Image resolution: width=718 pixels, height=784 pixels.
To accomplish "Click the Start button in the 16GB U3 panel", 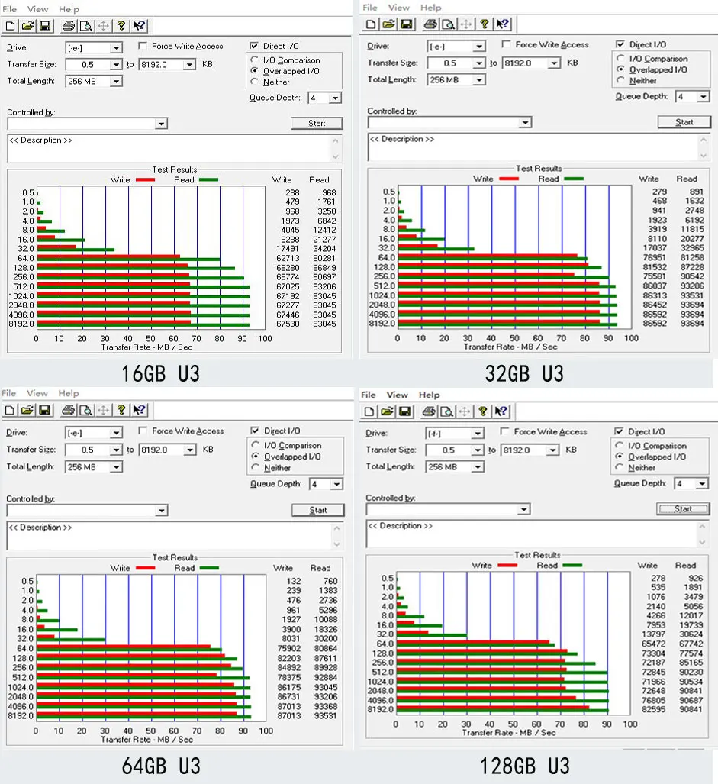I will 317,123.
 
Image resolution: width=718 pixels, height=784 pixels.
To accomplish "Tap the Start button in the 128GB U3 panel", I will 683,509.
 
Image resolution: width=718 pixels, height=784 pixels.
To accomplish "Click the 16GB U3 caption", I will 161,373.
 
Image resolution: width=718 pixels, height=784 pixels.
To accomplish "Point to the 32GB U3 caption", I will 524,373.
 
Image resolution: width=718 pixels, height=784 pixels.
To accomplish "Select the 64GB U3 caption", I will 161,765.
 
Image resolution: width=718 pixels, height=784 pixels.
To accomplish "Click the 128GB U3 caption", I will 524,765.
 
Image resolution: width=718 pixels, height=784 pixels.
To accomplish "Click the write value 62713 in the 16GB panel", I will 287,258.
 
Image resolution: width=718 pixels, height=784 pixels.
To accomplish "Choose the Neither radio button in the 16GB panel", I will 255,82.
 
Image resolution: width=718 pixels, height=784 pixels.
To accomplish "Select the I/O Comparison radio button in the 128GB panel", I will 619,446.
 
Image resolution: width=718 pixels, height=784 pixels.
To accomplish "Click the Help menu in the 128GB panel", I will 429,395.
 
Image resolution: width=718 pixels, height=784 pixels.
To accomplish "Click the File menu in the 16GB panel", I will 9,9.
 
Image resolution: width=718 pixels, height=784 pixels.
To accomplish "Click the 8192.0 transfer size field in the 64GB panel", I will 167,450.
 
